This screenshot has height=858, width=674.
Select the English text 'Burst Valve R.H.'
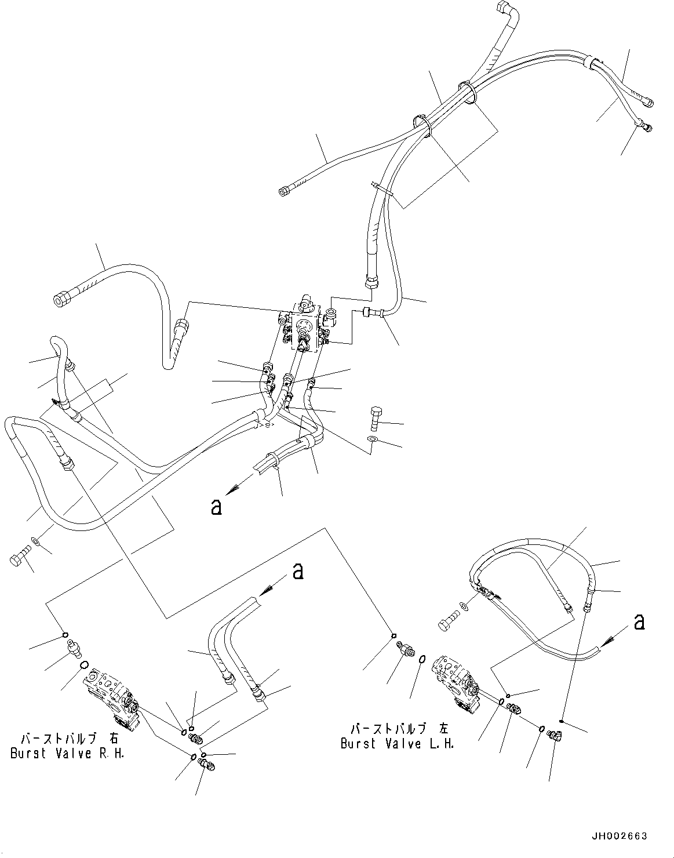pos(67,754)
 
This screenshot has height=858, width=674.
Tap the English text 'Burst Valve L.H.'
pos(397,743)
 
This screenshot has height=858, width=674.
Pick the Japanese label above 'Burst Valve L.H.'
pos(399,729)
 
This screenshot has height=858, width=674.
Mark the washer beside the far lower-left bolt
pos(35,541)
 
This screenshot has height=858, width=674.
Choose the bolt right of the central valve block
pos(374,418)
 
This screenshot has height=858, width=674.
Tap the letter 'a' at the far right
pos(639,621)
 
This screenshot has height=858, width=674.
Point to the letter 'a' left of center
pos(216,507)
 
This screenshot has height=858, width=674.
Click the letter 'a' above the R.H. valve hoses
pos(298,571)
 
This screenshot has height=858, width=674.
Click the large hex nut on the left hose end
pos(60,300)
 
